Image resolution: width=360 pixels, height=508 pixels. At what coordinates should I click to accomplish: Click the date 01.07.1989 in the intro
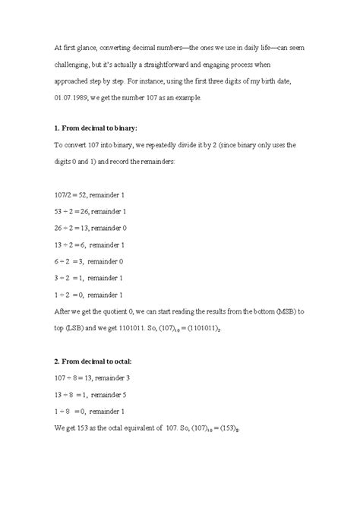73,99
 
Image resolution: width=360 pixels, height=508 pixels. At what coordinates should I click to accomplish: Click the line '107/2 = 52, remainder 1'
90,196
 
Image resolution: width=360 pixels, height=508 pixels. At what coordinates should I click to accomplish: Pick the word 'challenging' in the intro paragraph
76,64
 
